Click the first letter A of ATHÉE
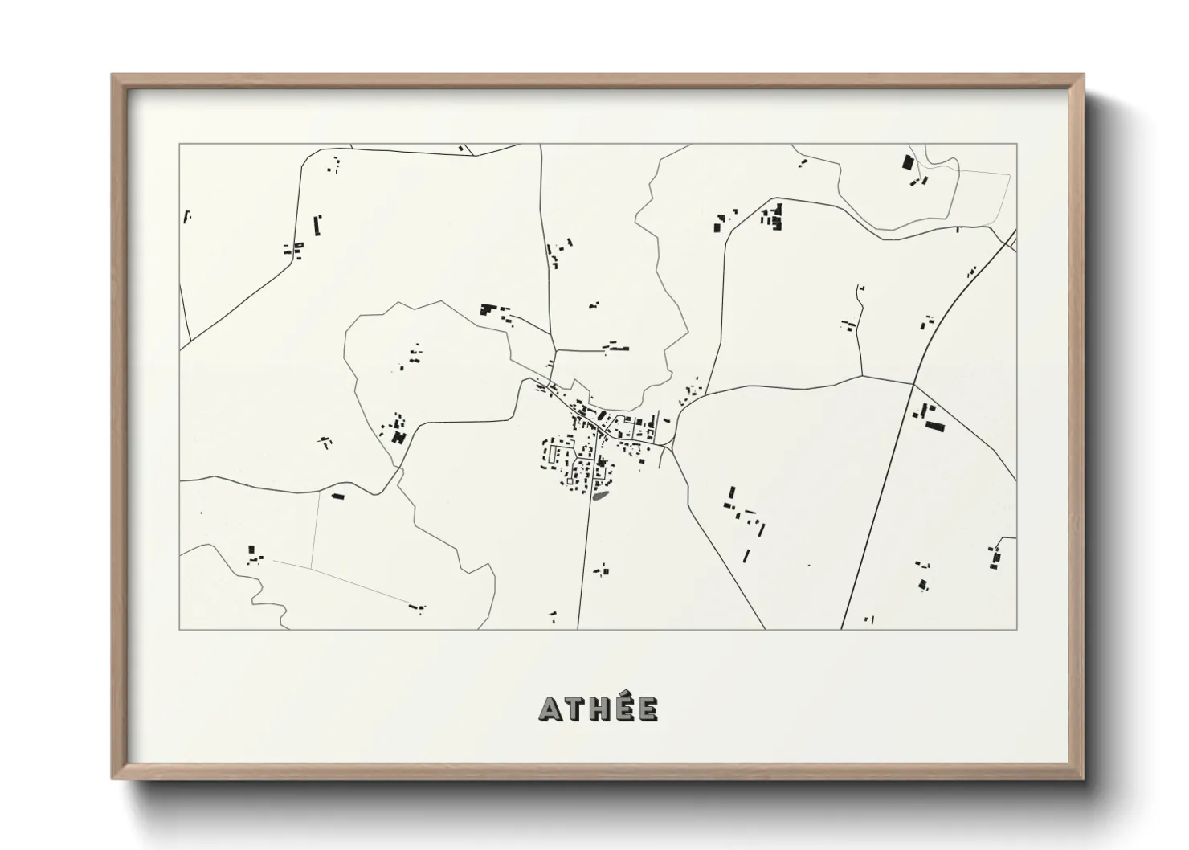click(550, 709)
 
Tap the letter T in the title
click(574, 709)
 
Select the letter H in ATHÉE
click(599, 709)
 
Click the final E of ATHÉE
click(647, 709)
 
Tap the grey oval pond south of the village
click(599, 497)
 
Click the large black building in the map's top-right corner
click(908, 162)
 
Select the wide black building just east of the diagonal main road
click(934, 425)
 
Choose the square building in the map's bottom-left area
click(251, 550)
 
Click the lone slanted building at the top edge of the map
click(461, 149)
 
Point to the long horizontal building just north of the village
click(617, 348)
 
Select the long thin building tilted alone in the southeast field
click(746, 555)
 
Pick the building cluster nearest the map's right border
click(995, 556)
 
